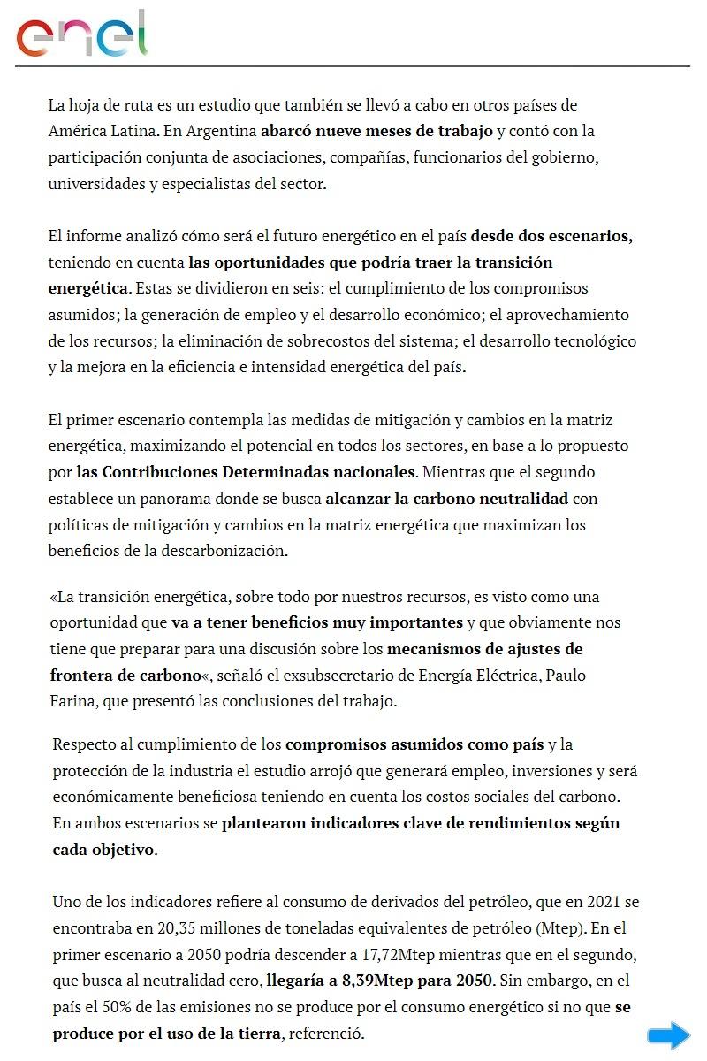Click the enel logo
82,34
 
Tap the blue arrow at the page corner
668,1035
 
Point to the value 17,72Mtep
340,955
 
